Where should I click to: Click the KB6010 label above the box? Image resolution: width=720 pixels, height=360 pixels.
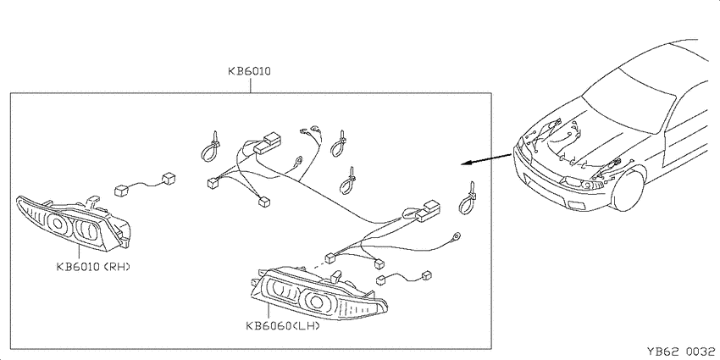tap(249, 71)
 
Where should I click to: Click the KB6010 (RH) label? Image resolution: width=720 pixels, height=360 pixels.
tap(93, 266)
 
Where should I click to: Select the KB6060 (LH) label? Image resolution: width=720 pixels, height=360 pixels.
tap(282, 326)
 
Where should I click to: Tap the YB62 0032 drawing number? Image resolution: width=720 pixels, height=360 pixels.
tap(680, 352)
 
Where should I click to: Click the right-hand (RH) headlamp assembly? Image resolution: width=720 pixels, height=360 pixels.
tap(74, 223)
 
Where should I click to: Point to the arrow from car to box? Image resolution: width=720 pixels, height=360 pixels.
tap(487, 159)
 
